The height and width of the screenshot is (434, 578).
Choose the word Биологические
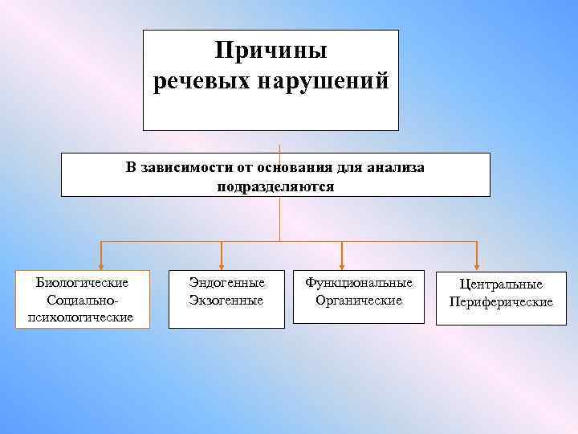83,283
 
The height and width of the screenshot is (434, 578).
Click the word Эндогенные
226,283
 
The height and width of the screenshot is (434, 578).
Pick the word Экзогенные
226,300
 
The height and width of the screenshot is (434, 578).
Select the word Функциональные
359,283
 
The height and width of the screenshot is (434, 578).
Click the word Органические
359,300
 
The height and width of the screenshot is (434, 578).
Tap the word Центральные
501,285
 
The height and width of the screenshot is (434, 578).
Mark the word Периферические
501,301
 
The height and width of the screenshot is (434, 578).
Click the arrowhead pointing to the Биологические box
100,263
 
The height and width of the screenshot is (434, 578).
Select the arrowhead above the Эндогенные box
222,263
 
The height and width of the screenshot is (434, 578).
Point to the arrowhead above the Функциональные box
343,263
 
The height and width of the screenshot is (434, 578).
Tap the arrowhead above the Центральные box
477,263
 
